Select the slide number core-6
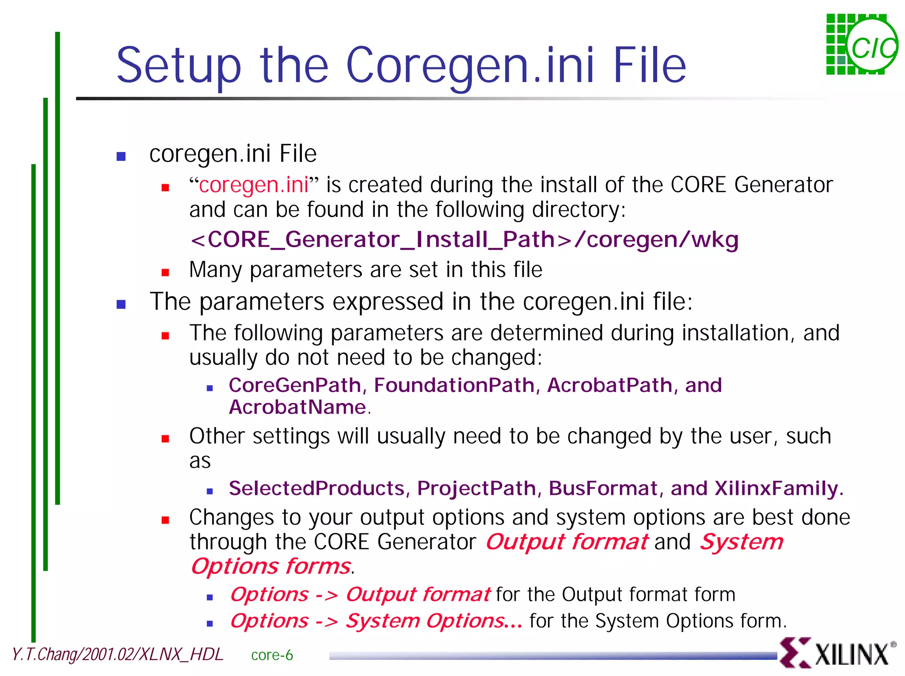click(x=272, y=655)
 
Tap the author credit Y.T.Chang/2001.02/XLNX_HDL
click(x=118, y=654)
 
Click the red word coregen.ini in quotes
click(x=254, y=185)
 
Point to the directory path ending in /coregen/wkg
click(x=464, y=240)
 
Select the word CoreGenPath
click(x=295, y=385)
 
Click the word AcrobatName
click(x=297, y=407)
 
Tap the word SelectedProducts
click(x=316, y=489)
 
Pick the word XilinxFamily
click(x=776, y=489)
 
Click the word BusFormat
click(x=603, y=489)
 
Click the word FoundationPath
click(x=454, y=385)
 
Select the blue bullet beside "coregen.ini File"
click(x=121, y=156)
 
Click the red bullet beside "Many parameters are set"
click(x=165, y=273)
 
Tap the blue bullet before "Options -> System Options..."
click(x=210, y=623)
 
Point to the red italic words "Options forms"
click(x=271, y=566)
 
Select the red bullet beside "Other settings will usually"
click(x=165, y=439)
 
